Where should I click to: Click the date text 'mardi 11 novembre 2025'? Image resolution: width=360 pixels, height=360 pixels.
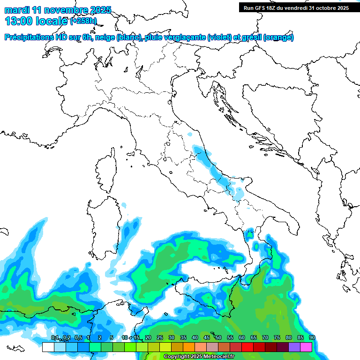(58, 10)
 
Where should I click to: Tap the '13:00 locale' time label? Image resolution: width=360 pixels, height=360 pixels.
(37, 21)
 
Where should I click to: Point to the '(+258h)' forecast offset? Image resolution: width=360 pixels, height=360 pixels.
(83, 21)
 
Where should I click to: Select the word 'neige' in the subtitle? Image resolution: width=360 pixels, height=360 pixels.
(105, 37)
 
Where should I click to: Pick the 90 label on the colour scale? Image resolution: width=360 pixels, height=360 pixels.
(312, 338)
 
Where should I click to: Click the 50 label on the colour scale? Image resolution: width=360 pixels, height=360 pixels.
(218, 338)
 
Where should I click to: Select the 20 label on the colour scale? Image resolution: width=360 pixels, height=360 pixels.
(148, 338)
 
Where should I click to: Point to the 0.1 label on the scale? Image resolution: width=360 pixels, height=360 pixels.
(55, 338)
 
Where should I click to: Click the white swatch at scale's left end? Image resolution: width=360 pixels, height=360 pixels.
(48, 347)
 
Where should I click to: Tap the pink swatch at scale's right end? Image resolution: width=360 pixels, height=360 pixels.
(306, 347)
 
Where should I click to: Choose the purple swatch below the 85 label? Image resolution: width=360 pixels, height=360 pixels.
(294, 347)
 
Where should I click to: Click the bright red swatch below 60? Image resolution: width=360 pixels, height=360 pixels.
(247, 347)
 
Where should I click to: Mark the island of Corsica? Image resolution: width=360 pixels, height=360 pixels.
(106, 172)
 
